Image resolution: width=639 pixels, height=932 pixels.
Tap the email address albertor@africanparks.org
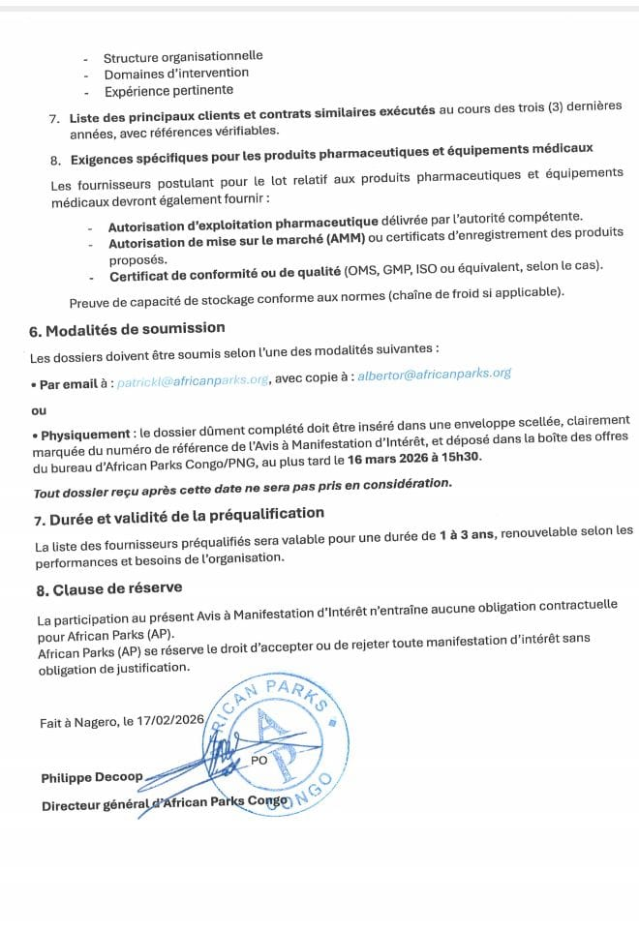tap(434, 374)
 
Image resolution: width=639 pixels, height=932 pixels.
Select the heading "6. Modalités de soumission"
tap(127, 329)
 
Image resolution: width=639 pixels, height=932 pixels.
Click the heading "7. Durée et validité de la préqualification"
tap(178, 515)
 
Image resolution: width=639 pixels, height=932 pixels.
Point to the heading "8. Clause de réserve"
tap(108, 587)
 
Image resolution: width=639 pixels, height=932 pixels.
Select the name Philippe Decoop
tap(91, 776)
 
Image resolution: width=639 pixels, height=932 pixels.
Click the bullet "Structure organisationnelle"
tap(183, 56)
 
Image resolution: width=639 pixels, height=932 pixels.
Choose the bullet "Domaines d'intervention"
tap(176, 73)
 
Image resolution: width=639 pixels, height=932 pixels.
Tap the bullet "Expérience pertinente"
tap(168, 90)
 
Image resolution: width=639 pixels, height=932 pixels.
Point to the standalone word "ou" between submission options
tap(39, 410)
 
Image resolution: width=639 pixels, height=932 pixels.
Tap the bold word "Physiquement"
tap(85, 434)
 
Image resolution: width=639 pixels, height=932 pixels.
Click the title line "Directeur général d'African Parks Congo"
tap(165, 802)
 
